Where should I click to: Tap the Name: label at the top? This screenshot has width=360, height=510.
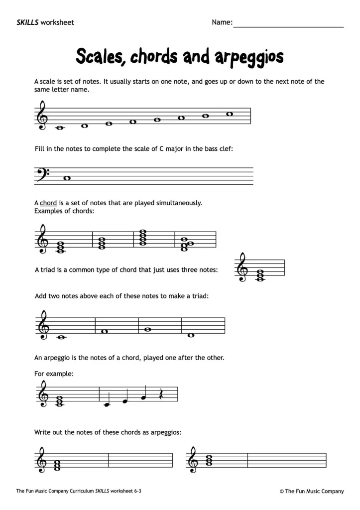pos(222,22)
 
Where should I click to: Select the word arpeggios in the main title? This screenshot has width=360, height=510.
pos(249,57)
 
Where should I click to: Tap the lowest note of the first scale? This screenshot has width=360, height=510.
pos(60,127)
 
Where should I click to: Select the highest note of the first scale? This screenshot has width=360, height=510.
pos(230,114)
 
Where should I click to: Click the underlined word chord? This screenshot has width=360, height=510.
pos(48,203)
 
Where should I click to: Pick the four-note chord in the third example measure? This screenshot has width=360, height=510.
pos(143,237)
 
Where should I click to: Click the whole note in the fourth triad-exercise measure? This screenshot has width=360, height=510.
pos(191,335)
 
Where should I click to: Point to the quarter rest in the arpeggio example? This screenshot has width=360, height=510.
pos(161,394)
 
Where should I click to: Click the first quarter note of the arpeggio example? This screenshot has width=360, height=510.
pos(106,403)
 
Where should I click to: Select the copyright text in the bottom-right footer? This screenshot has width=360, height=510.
pos(312,491)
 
